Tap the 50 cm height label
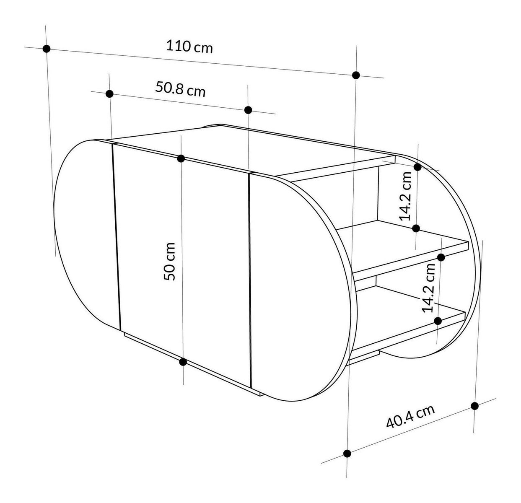(x=169, y=261)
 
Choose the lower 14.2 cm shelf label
(x=428, y=288)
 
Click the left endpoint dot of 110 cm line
(x=47, y=49)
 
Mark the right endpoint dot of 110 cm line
(x=356, y=75)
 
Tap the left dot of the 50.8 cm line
(x=109, y=94)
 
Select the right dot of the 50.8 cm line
(x=248, y=110)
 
